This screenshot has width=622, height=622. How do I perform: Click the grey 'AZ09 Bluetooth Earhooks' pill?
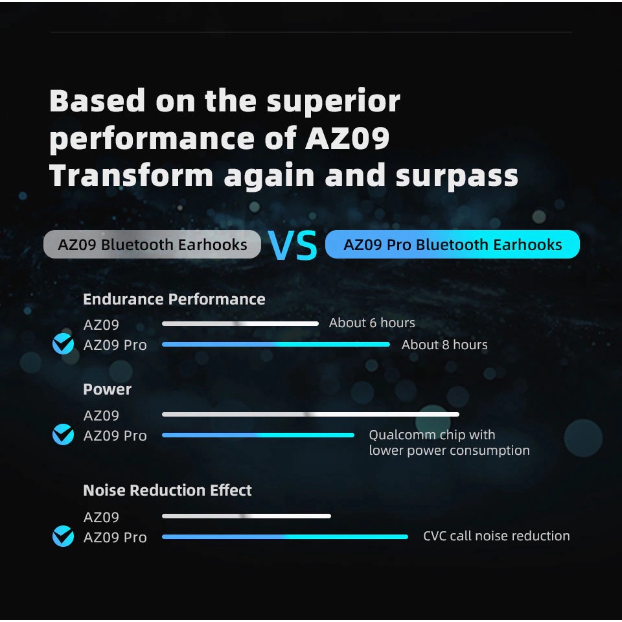[152, 245]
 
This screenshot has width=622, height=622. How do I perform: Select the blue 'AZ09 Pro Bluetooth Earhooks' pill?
[452, 245]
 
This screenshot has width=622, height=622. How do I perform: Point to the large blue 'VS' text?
[293, 246]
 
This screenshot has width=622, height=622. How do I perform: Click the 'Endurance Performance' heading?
[174, 299]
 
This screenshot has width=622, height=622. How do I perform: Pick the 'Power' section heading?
[107, 389]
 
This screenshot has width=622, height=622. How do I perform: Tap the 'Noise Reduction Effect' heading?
[167, 490]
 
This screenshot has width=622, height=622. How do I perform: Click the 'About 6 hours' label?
[372, 323]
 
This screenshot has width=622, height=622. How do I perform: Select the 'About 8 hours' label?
[444, 345]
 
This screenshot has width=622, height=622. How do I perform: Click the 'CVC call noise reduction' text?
[496, 536]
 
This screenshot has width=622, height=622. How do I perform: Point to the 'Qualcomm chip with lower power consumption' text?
[449, 443]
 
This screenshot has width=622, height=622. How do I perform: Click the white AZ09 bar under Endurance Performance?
[240, 323]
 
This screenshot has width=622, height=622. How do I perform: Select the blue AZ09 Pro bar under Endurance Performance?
[276, 345]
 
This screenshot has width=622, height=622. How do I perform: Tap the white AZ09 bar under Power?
[310, 414]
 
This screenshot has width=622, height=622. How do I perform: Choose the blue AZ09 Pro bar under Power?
[258, 435]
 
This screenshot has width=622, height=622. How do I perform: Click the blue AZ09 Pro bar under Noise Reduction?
[285, 536]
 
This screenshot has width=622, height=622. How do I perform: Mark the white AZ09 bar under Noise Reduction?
[246, 516]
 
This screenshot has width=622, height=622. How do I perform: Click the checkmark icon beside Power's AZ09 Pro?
[63, 435]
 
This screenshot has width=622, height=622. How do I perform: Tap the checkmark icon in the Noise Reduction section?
[63, 536]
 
